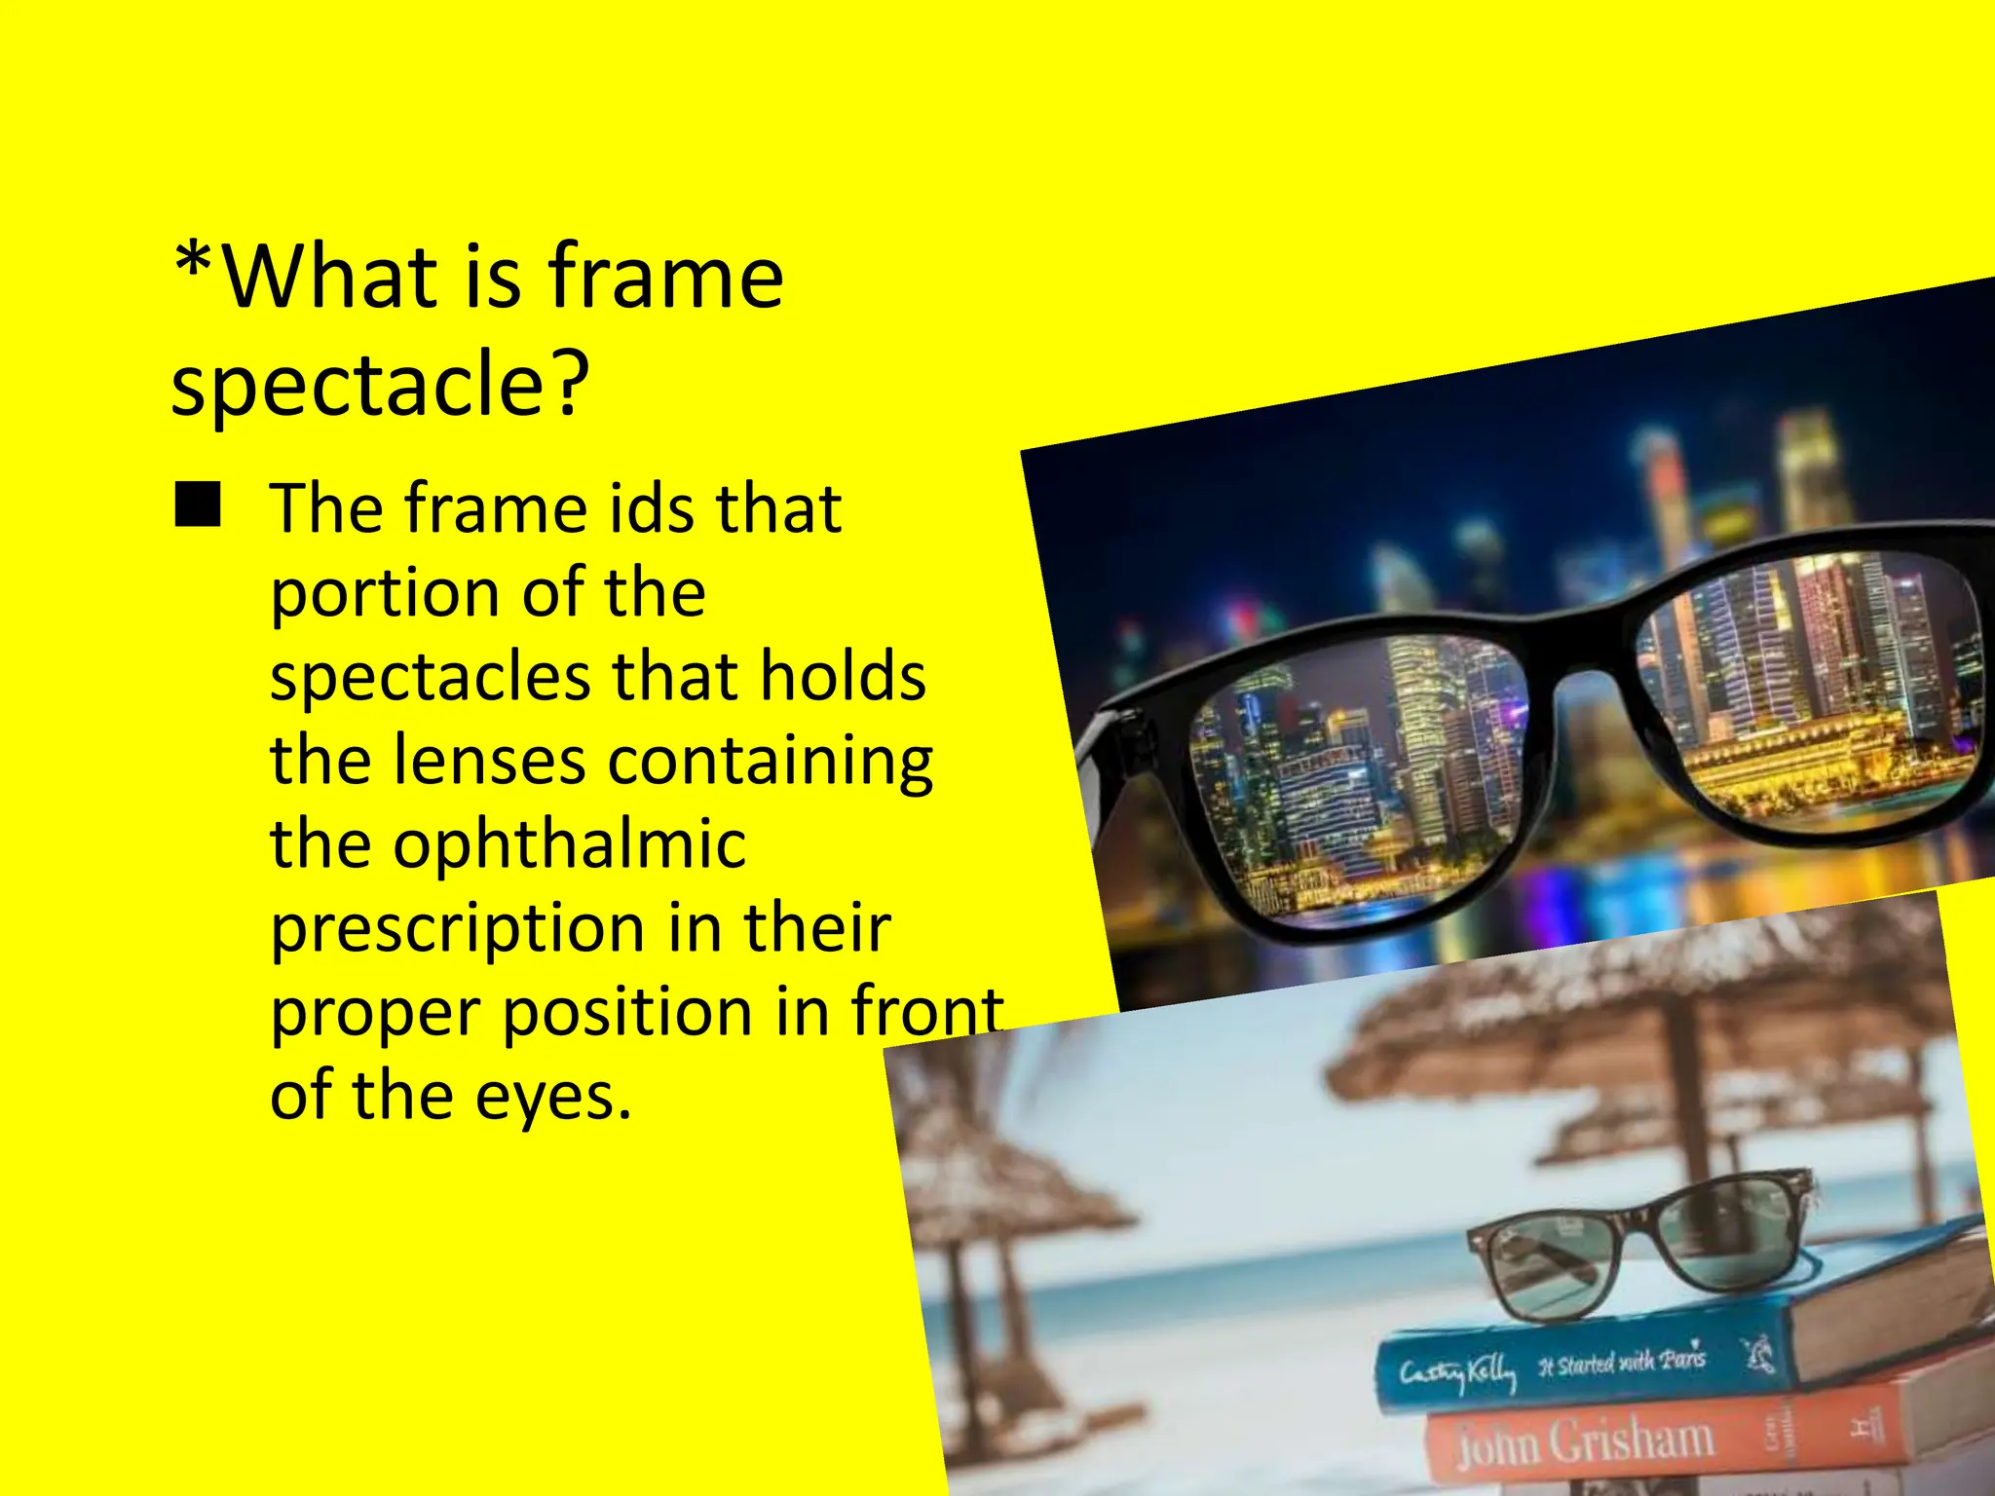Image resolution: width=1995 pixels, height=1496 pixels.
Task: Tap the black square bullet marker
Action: (x=198, y=506)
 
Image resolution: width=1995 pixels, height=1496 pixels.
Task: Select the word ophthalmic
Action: (x=508, y=844)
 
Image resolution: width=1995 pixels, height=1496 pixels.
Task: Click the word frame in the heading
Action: (x=665, y=278)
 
